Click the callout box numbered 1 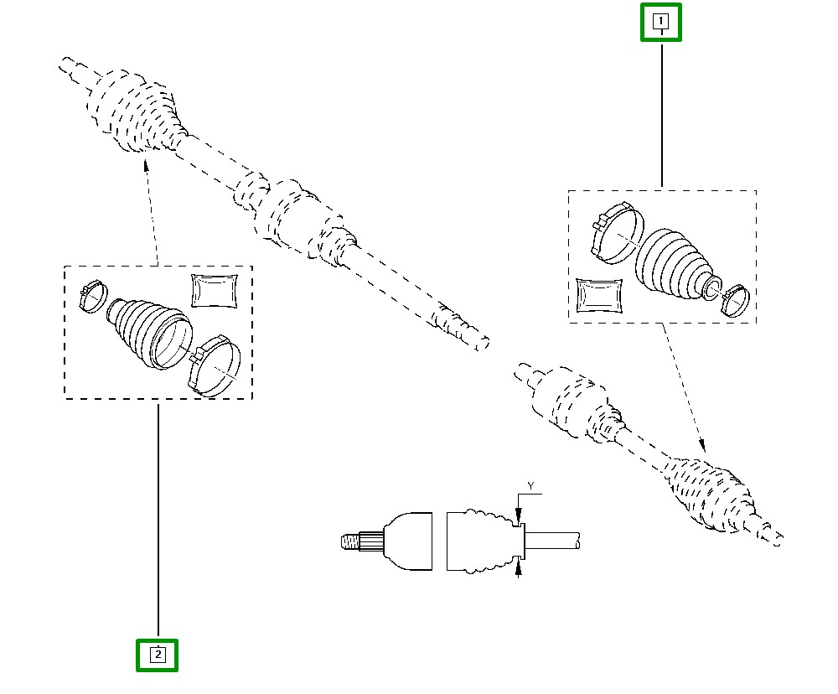click(661, 22)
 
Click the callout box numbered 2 click(158, 655)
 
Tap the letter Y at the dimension click(530, 485)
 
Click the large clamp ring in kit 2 click(215, 365)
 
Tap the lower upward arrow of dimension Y click(520, 570)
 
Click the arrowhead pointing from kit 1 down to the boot click(701, 447)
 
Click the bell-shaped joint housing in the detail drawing click(406, 542)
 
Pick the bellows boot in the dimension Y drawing click(478, 541)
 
